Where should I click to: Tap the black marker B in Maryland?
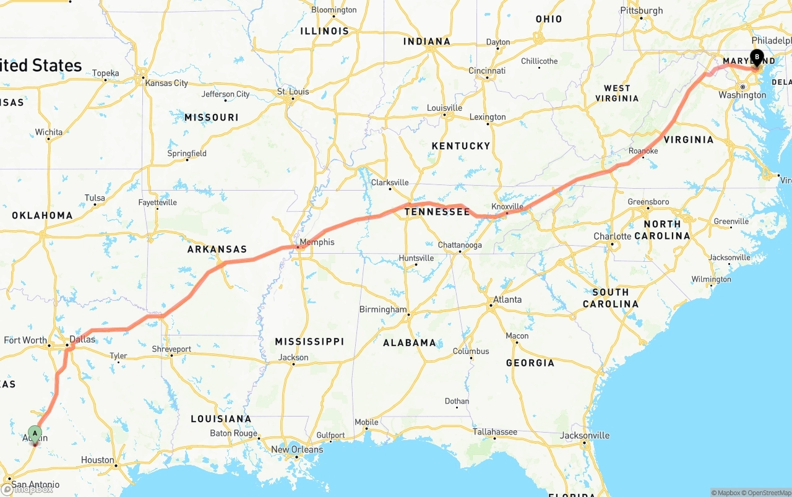point(757,58)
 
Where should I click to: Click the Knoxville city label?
point(507,206)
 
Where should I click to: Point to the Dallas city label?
point(82,339)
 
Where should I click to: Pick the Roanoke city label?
point(643,151)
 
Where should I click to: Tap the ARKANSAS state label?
point(217,249)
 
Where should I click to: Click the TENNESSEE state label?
point(437,212)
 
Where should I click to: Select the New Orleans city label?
point(297,449)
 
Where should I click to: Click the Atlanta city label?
point(507,300)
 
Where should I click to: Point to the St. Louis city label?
point(294,92)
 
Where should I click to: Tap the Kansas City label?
point(166,83)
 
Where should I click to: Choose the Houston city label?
point(98,460)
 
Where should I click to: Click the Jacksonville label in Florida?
point(585,436)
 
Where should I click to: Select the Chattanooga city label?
point(460,245)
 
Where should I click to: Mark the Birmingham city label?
point(383,309)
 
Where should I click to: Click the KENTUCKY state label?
point(461,146)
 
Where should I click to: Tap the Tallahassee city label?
point(495,431)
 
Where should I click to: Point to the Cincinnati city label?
point(487,71)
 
